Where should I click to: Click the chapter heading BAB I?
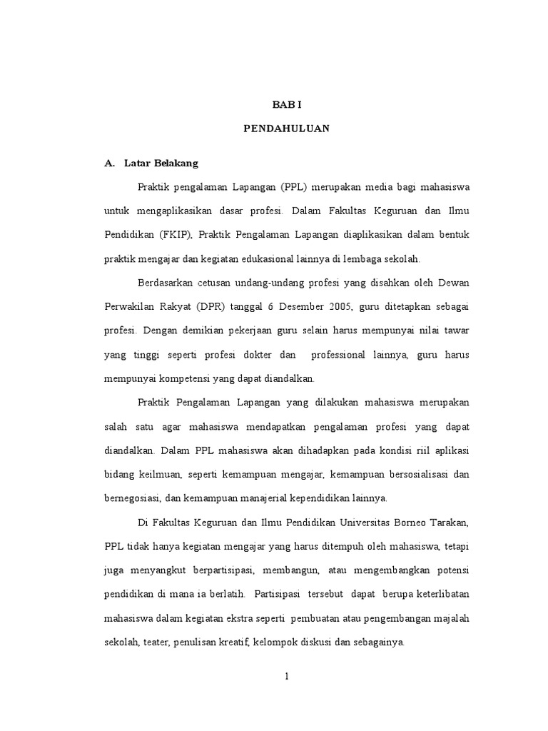point(288,104)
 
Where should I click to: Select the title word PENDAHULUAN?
point(287,130)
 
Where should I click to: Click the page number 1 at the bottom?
point(286,677)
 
